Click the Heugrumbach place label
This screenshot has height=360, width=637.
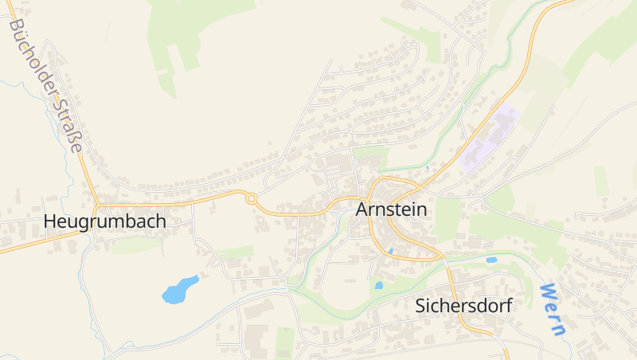point(105,221)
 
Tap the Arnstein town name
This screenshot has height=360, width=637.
point(391,209)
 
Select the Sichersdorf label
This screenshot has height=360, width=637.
point(463,306)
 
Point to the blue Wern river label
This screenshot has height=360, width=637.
point(552,308)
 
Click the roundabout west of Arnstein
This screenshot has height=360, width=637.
point(252,199)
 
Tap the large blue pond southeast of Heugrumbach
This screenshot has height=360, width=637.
point(180,290)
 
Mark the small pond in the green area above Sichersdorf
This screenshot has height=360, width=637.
point(379,284)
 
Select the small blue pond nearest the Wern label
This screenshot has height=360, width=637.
point(491,260)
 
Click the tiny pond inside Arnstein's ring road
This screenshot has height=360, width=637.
point(389,251)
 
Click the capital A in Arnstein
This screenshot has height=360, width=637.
point(361,209)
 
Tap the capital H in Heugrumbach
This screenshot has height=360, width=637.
point(50,221)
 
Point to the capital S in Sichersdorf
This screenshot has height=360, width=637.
point(420,306)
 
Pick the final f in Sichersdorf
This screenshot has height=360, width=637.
point(506,306)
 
